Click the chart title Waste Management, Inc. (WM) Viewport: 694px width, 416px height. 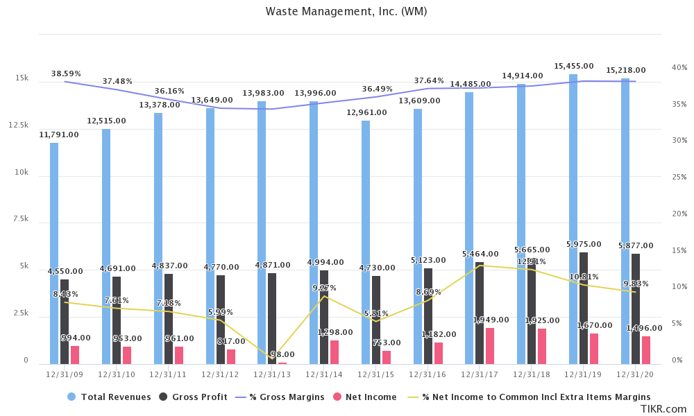coord(346,12)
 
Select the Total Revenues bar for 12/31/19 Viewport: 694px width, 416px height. coord(573,219)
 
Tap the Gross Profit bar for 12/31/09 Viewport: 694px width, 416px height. coord(65,322)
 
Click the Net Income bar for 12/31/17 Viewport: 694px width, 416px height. coord(490,346)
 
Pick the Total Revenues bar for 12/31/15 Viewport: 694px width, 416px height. coord(366,243)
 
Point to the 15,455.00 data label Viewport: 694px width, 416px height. coord(573,66)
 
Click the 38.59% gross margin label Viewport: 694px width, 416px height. coord(66,73)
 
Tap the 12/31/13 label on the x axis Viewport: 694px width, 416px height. coord(272,374)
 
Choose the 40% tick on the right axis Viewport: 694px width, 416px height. coord(679,67)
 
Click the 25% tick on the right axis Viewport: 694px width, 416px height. coord(679,177)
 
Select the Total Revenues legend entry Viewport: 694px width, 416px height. coord(109,397)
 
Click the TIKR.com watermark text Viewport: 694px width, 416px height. coord(663,409)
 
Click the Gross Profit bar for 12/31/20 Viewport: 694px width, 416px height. coord(636,309)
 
